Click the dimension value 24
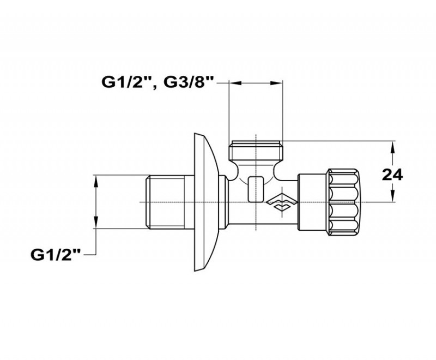392,175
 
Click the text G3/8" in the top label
189,82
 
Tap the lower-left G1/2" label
56,255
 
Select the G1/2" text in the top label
126,82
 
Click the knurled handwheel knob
343,202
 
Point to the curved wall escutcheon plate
205,202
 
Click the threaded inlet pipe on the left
170,202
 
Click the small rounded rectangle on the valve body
256,189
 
